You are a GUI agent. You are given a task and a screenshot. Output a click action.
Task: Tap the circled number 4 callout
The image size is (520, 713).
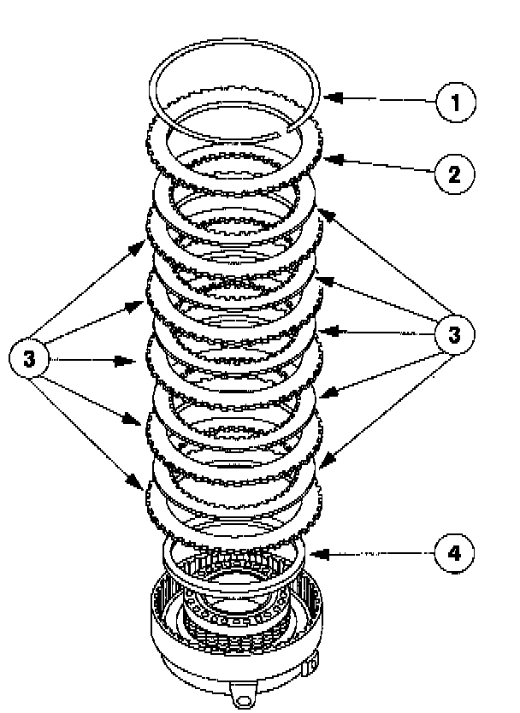(x=453, y=553)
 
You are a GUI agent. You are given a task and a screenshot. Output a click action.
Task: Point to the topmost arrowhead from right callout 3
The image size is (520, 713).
(x=322, y=209)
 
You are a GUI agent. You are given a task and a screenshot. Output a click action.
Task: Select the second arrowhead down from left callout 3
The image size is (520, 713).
(x=144, y=303)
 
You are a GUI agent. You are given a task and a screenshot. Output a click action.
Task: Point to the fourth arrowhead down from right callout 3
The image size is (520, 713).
(x=320, y=394)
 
